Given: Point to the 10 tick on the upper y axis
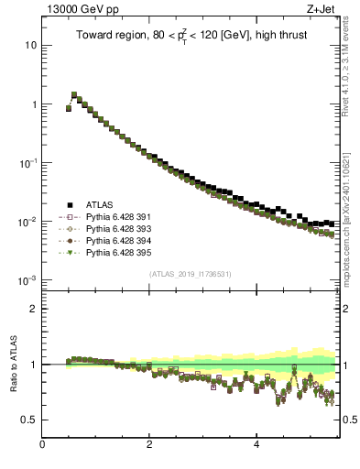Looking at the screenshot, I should tap(30, 45).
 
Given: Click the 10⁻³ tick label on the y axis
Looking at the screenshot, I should tap(27, 280).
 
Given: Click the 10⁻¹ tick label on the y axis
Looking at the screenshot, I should tap(27, 163).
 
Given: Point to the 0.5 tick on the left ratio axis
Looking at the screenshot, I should tap(29, 420).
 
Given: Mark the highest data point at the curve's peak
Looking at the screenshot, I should tap(74, 94).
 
